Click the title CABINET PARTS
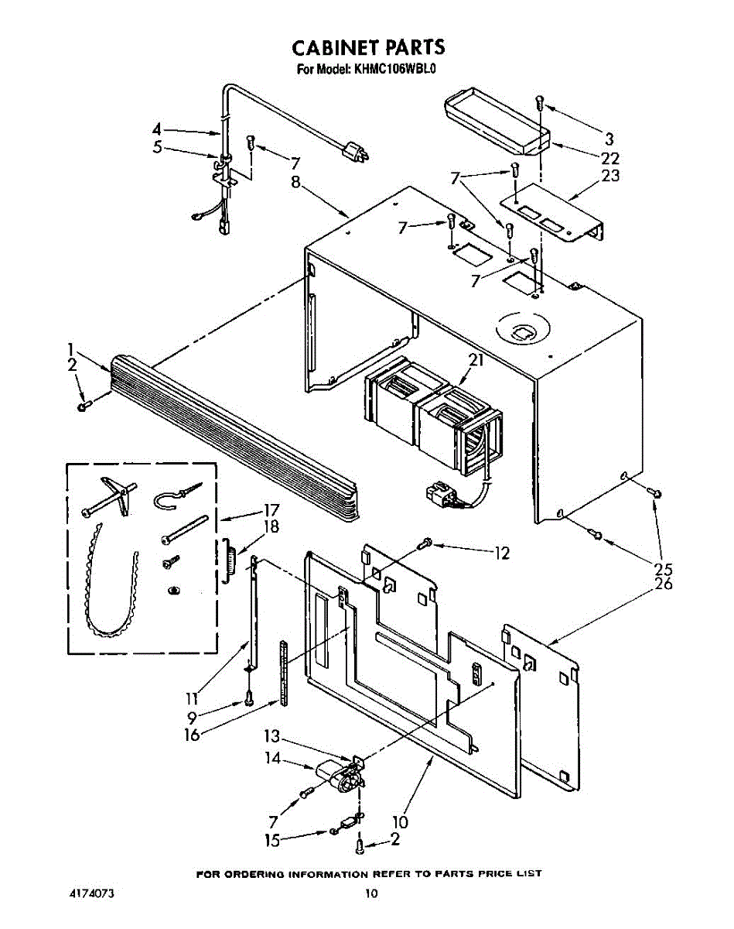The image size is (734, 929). point(368,48)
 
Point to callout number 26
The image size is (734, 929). point(663,583)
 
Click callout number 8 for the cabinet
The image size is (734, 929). point(295,183)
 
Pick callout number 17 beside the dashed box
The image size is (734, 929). point(271,511)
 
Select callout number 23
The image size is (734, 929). point(610,175)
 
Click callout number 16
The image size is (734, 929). point(191,733)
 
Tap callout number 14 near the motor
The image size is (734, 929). point(273,759)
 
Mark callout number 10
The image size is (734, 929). point(400,821)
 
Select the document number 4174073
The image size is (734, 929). point(92,893)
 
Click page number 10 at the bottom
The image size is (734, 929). point(371,893)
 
